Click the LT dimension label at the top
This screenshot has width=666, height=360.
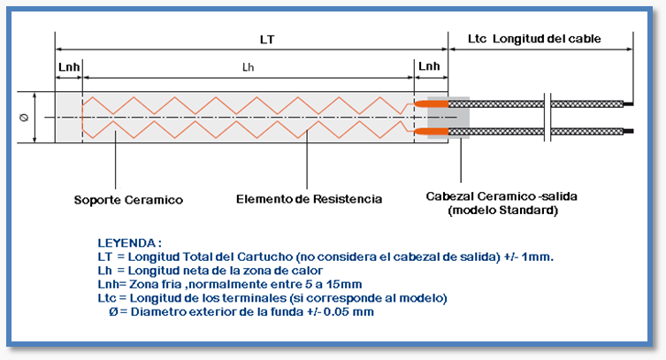pos(267,40)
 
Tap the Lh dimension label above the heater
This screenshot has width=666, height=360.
pos(248,67)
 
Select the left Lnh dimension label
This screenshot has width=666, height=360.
pos(69,67)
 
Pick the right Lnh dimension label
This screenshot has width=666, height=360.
pos(429,66)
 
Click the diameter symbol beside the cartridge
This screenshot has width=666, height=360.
pos(24,118)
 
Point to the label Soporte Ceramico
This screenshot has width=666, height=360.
pos(128,200)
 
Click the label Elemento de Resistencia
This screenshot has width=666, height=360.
pos(309,199)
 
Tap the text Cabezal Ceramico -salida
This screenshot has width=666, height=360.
pos(501,196)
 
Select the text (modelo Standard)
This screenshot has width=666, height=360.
pos(503,211)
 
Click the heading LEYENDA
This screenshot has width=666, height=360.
pos(129,243)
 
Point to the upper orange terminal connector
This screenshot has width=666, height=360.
pos(431,103)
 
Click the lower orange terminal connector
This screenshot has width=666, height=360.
pos(431,131)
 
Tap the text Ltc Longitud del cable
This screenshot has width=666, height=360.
pos(534,39)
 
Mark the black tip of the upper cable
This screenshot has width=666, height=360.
pos(628,103)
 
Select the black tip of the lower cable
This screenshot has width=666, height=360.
pos(628,131)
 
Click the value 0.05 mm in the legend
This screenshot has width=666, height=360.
pos(348,312)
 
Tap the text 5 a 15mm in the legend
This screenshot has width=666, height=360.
pos(333,284)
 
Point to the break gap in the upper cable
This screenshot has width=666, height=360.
pos(547,103)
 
